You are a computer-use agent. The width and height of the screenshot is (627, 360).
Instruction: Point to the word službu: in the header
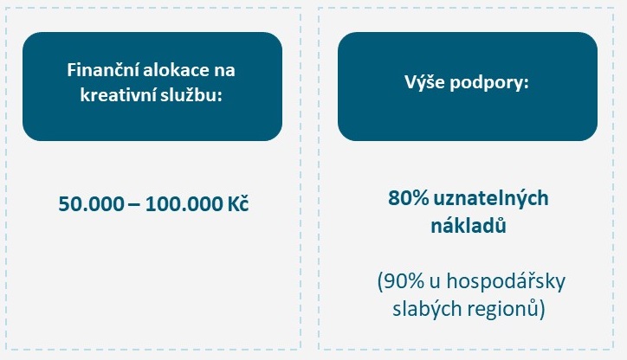(191, 95)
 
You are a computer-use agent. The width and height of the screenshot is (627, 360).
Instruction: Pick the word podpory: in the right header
(489, 84)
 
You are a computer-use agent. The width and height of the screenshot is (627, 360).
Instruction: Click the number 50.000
(92, 204)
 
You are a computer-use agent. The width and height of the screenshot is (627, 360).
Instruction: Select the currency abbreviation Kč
(238, 203)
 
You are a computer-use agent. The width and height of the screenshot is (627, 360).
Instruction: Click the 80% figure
(409, 198)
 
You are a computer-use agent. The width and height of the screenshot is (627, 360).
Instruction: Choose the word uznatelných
(491, 199)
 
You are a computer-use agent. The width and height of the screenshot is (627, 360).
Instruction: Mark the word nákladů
(469, 225)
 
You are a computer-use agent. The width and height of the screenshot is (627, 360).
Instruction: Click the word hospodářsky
(506, 282)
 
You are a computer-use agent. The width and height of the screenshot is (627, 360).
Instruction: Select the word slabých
(423, 309)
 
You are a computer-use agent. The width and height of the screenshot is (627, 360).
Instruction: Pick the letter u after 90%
(436, 283)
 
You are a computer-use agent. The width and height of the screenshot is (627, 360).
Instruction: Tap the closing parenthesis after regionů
(542, 309)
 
